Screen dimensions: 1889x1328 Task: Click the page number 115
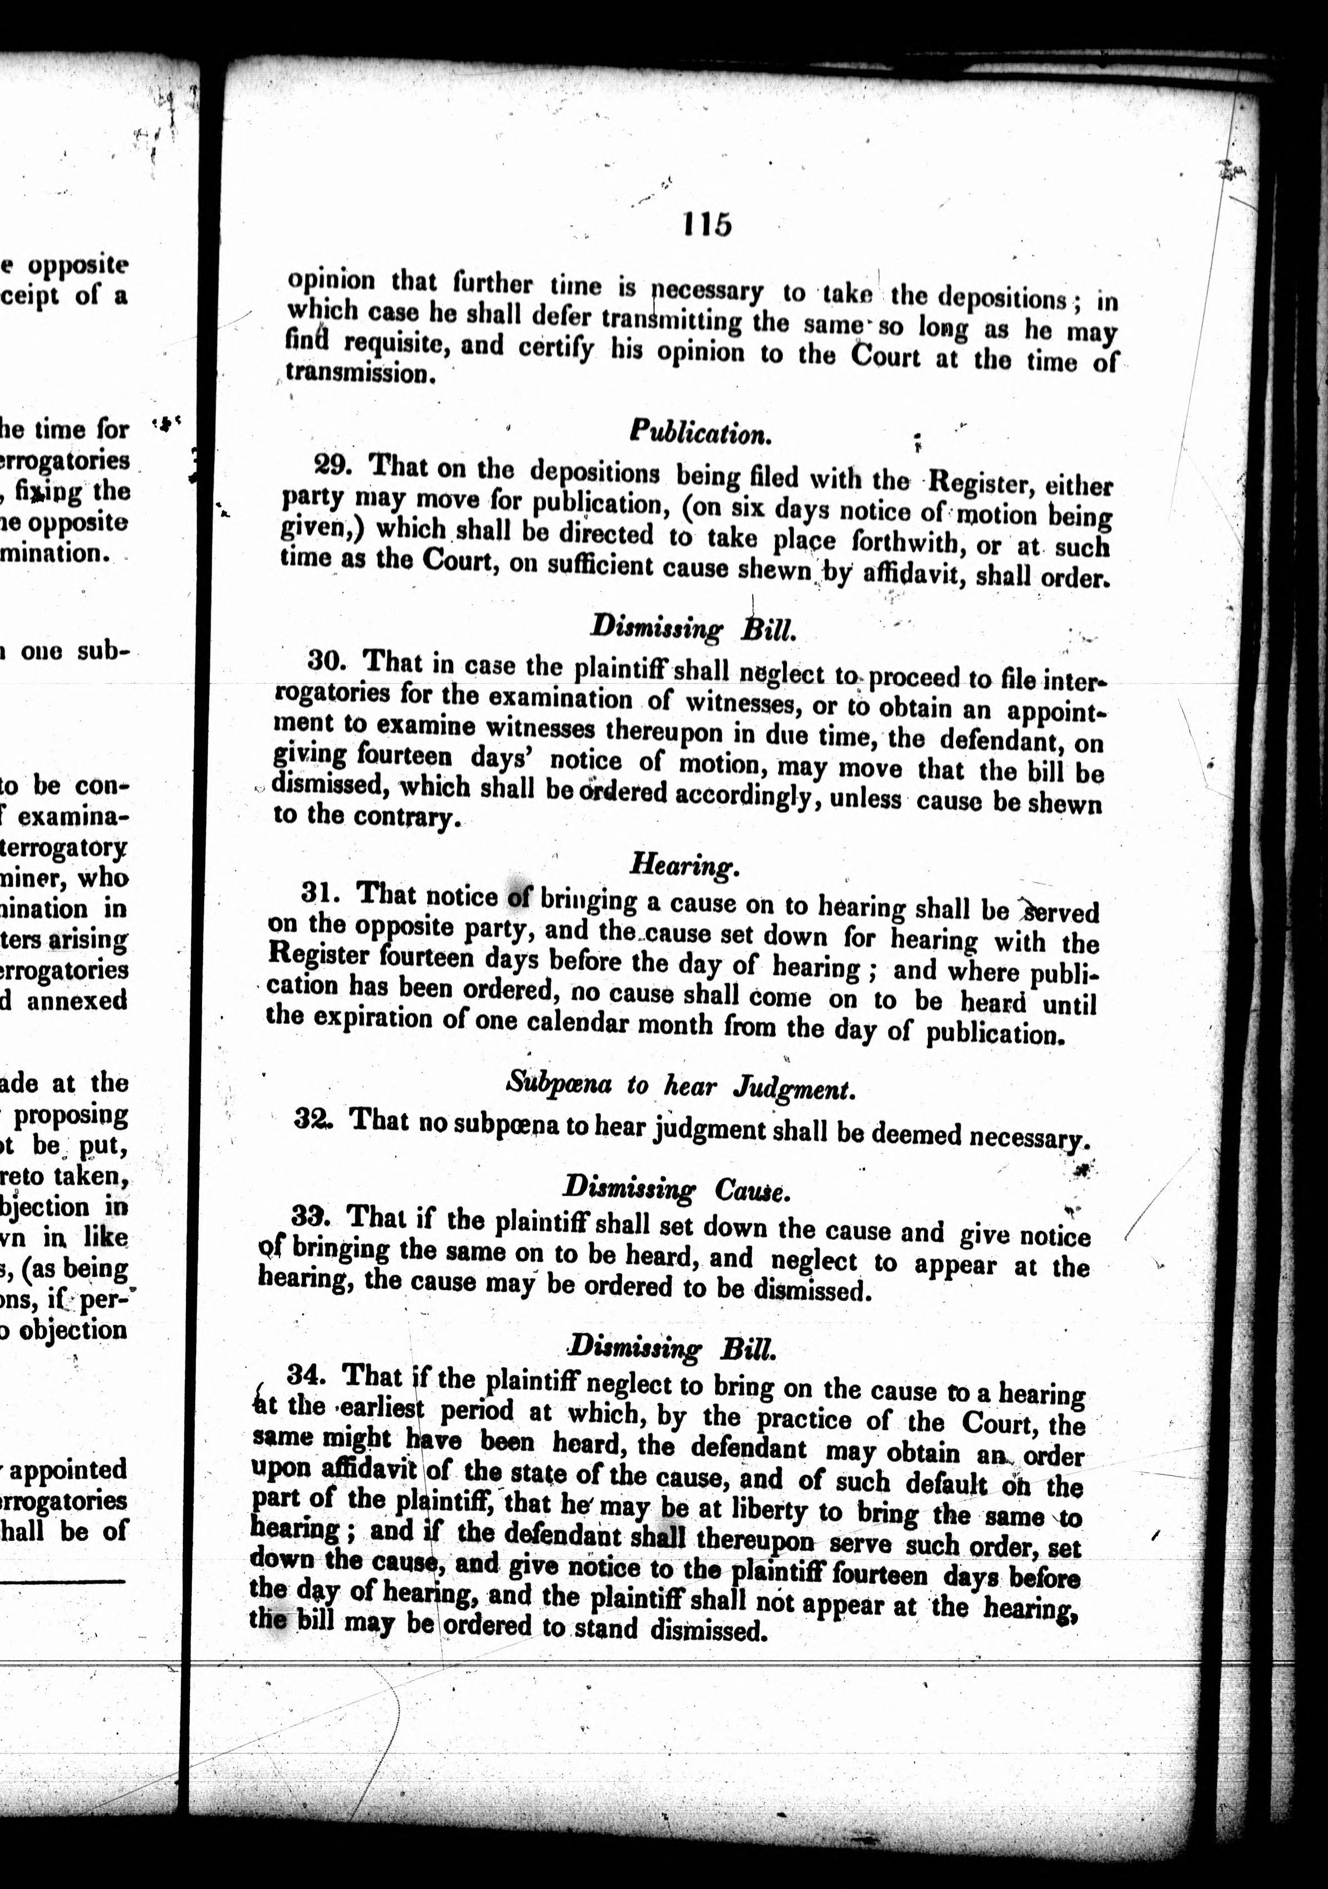(x=707, y=224)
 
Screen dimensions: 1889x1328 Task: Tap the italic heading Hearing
(x=684, y=864)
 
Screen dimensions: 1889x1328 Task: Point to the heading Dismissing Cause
(x=676, y=1188)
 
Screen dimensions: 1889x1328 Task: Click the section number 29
(x=334, y=465)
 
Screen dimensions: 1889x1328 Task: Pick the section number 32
(x=312, y=1120)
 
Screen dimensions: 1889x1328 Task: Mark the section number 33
(x=309, y=1215)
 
